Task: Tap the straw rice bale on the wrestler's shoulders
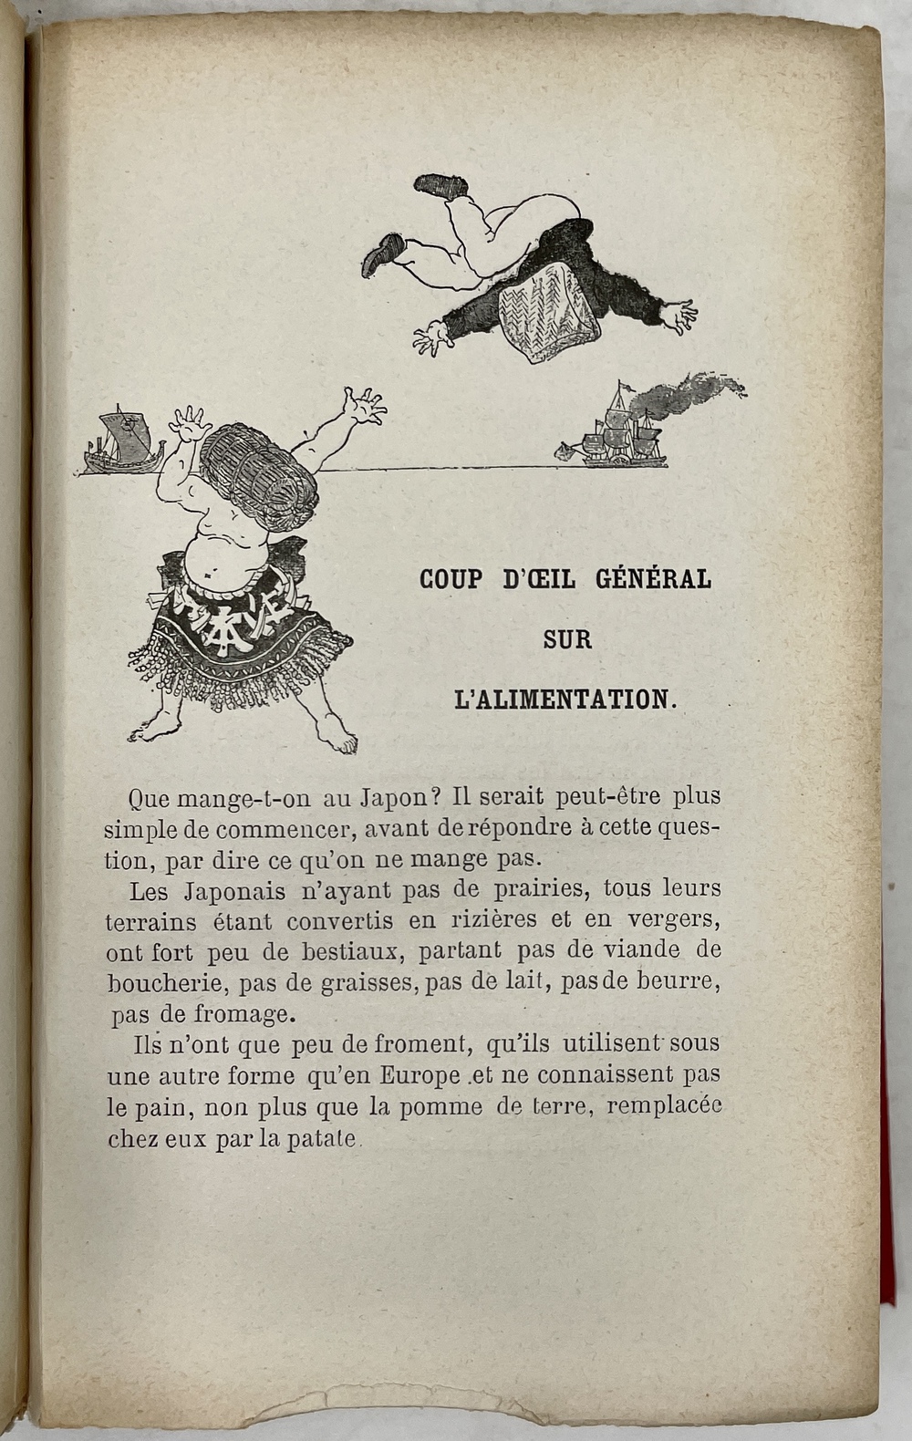tap(259, 474)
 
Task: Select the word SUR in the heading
tap(567, 639)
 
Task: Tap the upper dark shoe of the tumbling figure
tap(442, 184)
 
